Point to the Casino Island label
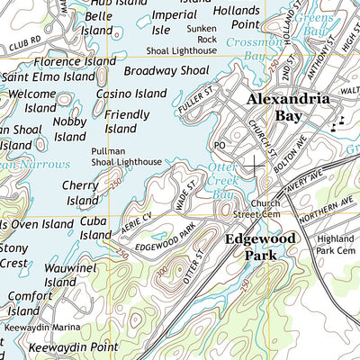[x=131, y=94]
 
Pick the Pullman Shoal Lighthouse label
[x=125, y=157]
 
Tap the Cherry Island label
[x=81, y=193]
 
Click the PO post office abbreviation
[x=219, y=144]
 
